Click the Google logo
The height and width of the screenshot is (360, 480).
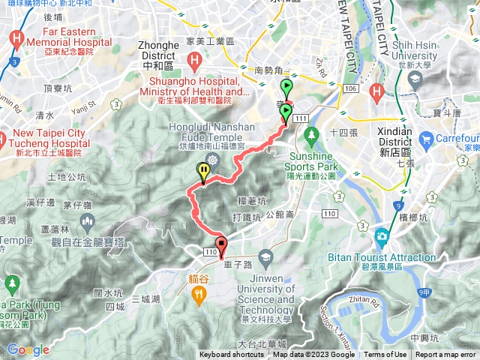[28, 349]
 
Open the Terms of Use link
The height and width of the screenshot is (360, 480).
[385, 355]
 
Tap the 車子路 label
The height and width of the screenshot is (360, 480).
[236, 265]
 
